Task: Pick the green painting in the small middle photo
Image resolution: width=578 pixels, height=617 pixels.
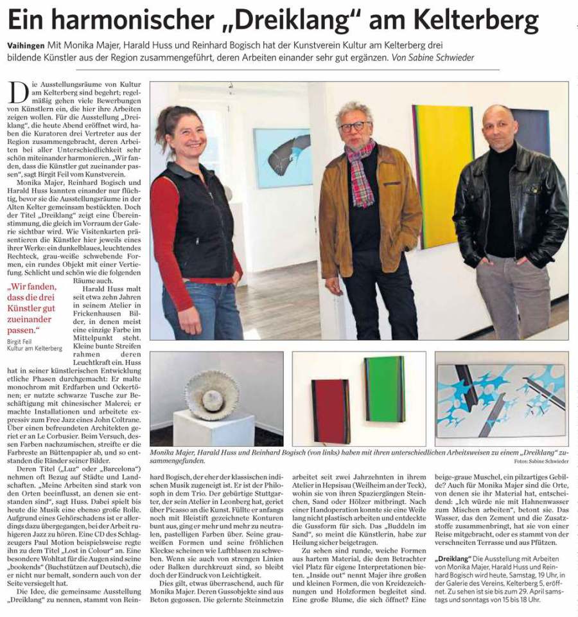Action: click(384, 389)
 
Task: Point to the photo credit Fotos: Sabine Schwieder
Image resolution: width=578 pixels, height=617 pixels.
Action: click(541, 461)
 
